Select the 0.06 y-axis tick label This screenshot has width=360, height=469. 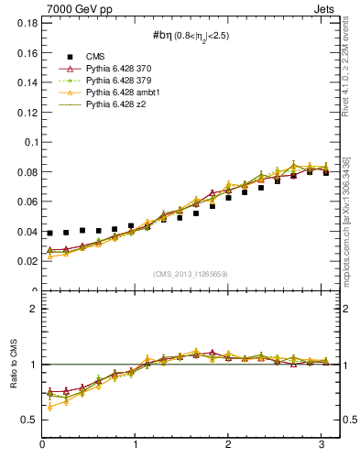pyautogui.click(x=27, y=202)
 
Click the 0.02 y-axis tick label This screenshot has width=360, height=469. pyautogui.click(x=27, y=261)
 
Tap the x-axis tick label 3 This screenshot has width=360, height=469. pyautogui.click(x=322, y=445)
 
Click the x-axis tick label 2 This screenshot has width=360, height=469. pyautogui.click(x=228, y=445)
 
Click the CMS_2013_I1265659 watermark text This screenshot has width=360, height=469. pyautogui.click(x=191, y=274)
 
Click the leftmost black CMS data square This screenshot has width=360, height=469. pyautogui.click(x=50, y=234)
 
